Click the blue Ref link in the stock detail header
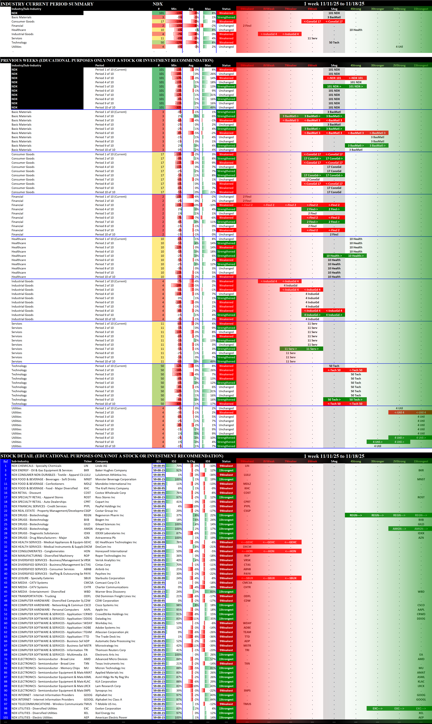[x=6, y=461]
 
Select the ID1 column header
[x=159, y=461]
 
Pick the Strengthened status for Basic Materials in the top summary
[x=226, y=17]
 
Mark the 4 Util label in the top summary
[x=399, y=47]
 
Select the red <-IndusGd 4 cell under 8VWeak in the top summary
[x=269, y=34]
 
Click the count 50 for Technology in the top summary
[x=162, y=42]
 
